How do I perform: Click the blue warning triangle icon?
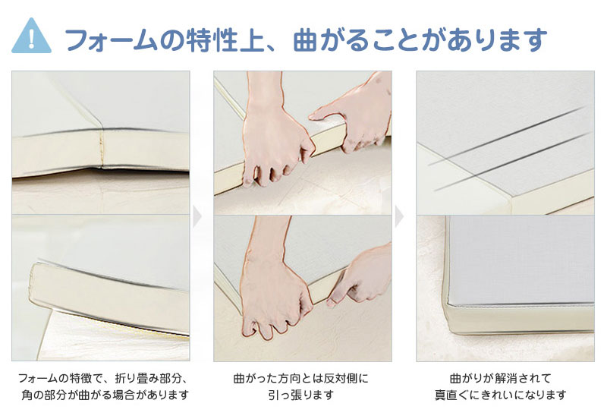pos(31,37)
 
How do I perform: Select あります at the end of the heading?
pos(494,39)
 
